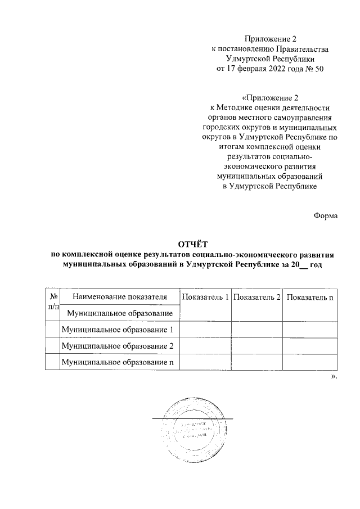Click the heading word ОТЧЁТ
(192, 244)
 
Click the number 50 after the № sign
(319, 69)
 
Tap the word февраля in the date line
(250, 69)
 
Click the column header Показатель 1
(204, 297)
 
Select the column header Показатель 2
(256, 297)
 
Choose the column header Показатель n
(309, 297)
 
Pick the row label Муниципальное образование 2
(117, 345)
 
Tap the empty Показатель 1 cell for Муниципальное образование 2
(204, 345)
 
